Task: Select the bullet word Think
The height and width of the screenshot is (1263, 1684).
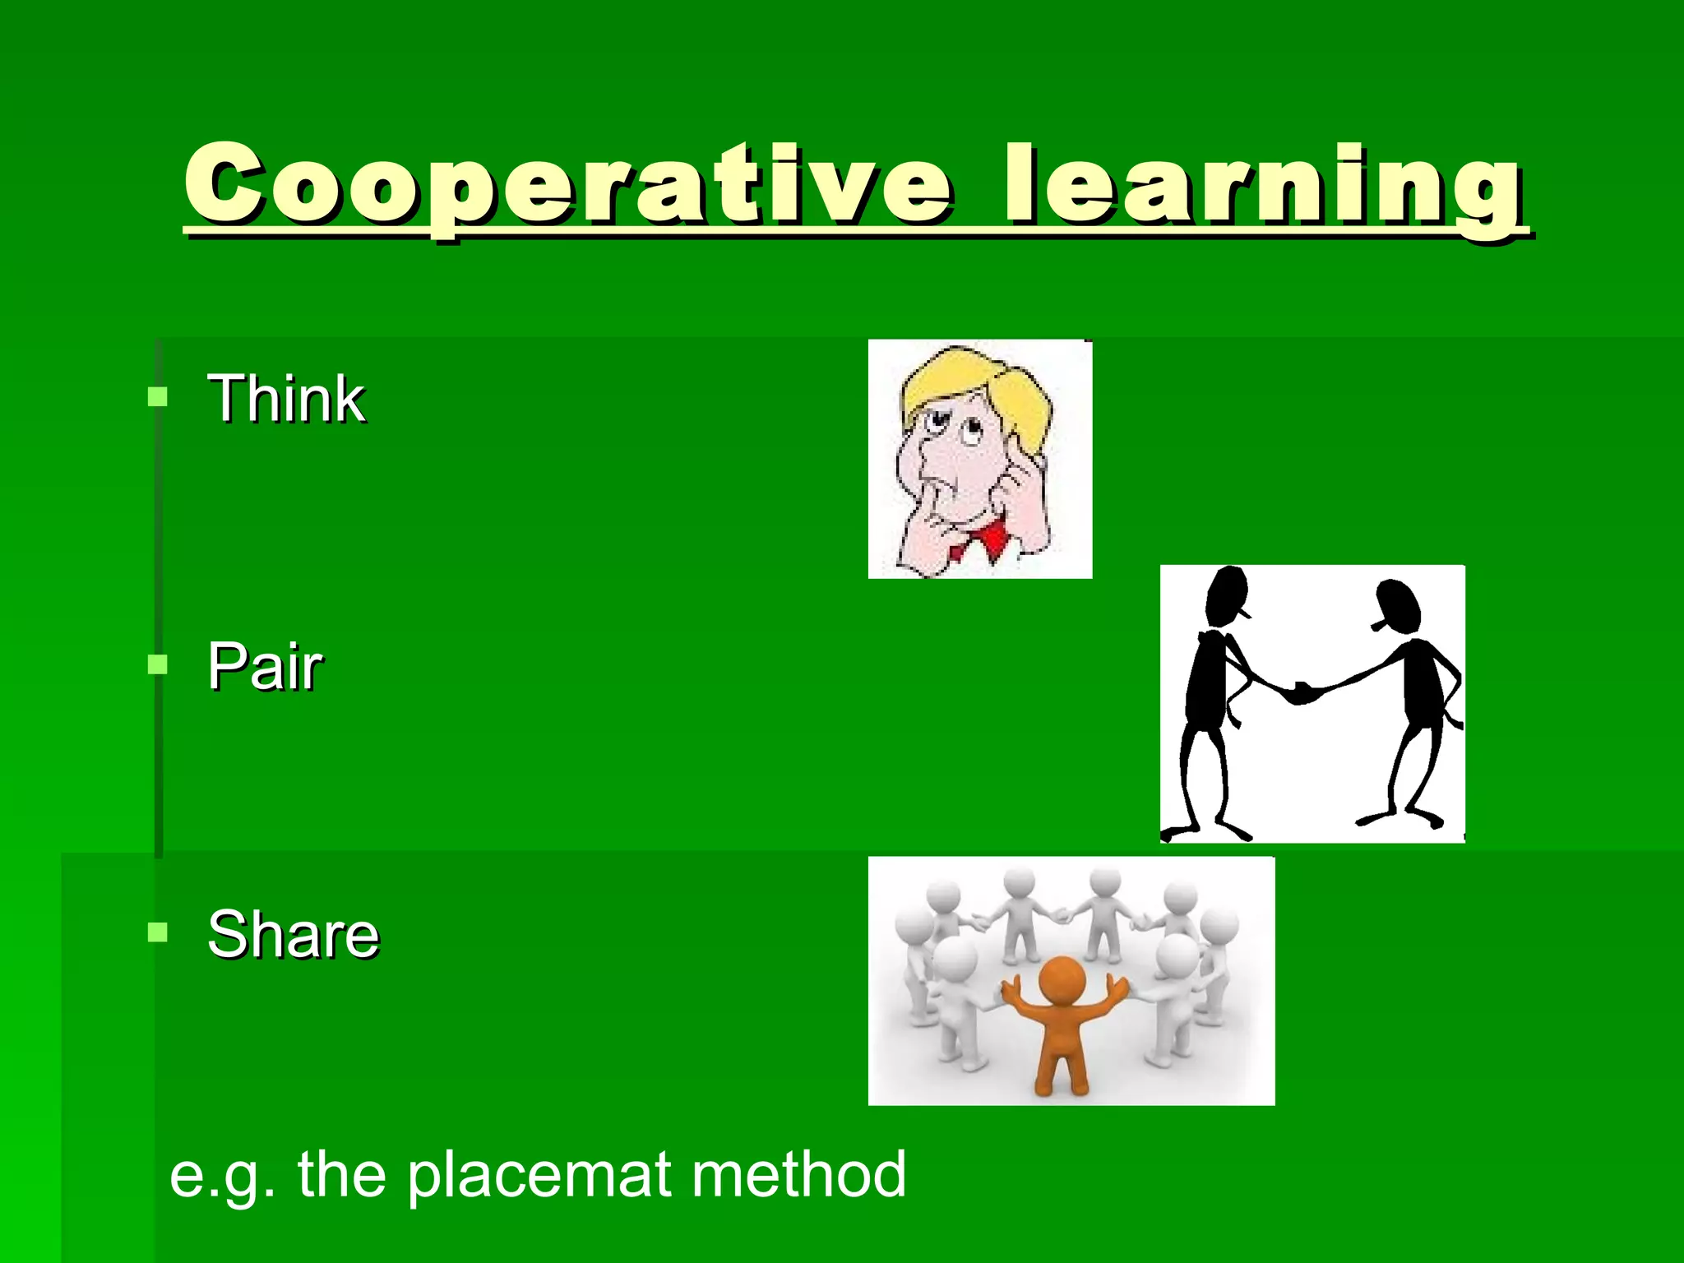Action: pos(286,399)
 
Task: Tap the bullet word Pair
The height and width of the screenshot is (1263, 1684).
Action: pos(265,666)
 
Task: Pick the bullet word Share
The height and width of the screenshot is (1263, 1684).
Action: pos(294,934)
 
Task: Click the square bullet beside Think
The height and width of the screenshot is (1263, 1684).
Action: pos(157,398)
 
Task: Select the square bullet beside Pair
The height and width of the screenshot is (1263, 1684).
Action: pos(157,664)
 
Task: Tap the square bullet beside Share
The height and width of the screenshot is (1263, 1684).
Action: pos(157,932)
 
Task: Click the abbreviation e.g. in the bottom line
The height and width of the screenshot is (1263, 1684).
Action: pos(220,1176)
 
